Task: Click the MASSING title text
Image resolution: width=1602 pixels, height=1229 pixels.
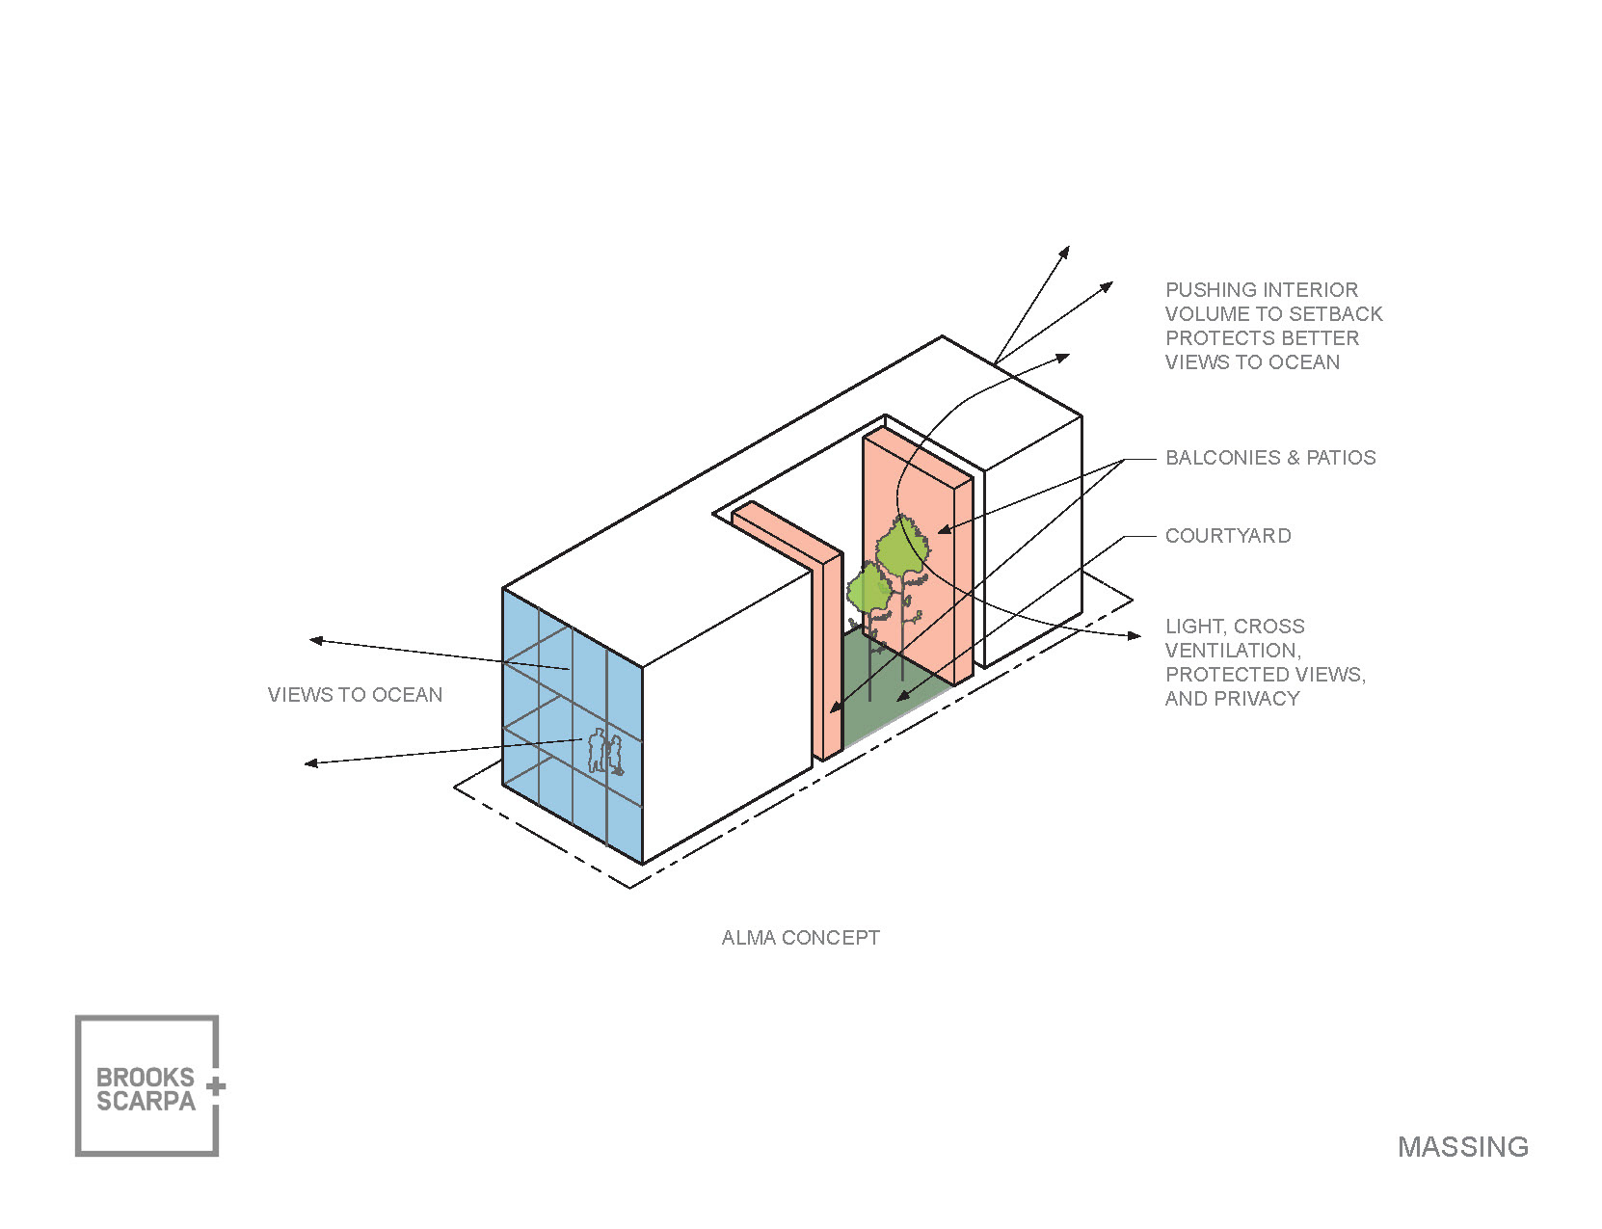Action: point(1462,1146)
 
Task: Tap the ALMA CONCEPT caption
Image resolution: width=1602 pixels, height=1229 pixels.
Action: point(800,938)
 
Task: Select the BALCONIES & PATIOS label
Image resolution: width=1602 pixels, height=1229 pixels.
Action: point(1270,458)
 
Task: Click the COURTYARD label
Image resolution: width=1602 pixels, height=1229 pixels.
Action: point(1228,536)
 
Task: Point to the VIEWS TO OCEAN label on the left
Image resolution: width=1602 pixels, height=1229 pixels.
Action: point(355,695)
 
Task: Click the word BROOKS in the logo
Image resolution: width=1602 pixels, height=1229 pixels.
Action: point(146,1078)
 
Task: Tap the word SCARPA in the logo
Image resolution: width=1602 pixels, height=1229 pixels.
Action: point(146,1102)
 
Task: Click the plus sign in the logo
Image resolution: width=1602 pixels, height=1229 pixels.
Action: point(216,1086)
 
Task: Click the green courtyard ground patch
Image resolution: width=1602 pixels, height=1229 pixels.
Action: point(882,689)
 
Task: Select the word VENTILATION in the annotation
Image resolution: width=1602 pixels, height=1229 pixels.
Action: point(1233,651)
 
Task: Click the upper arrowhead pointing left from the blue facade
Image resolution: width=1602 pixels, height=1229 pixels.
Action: point(315,640)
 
